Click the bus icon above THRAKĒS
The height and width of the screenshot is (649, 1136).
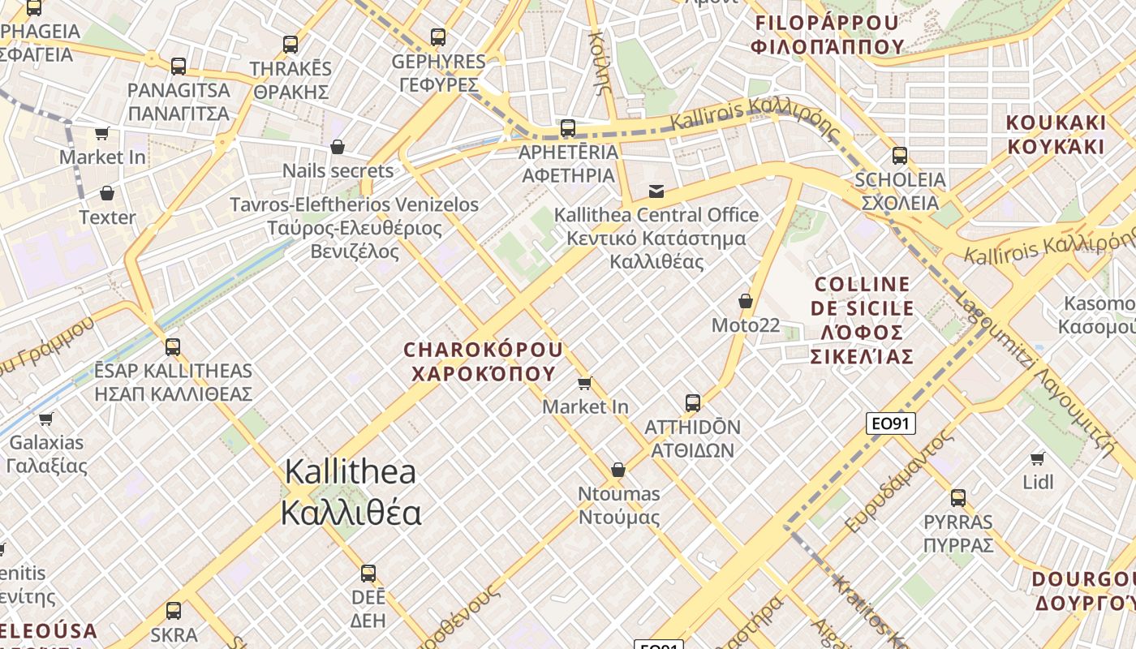290,45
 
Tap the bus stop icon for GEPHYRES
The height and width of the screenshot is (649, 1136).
438,37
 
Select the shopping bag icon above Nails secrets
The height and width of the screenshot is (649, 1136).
338,147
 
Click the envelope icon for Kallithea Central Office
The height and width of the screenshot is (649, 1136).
656,191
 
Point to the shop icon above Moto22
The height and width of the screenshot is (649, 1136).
746,302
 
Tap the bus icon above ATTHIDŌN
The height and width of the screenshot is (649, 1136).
693,403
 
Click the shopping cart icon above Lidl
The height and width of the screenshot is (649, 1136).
1038,459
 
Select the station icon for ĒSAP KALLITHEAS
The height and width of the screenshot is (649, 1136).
173,347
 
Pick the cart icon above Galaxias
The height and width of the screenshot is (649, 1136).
46,419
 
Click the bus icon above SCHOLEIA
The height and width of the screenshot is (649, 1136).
900,156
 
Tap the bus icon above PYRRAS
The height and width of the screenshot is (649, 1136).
958,498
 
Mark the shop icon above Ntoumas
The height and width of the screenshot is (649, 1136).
618,471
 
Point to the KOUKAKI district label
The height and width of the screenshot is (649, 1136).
1056,135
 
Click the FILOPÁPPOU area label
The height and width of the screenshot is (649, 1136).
827,34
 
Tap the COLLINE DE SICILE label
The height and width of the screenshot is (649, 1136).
862,320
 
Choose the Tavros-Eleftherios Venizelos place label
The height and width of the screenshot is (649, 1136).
355,228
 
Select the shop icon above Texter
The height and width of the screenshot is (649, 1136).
106,193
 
